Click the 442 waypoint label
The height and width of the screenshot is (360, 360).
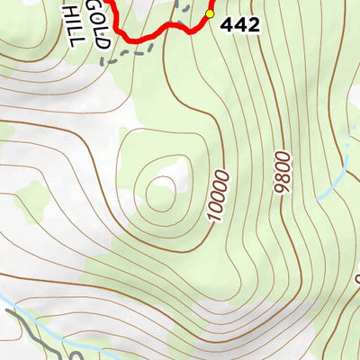point(239,25)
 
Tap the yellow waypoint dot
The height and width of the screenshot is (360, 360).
point(210,14)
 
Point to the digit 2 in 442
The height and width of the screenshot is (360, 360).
point(253,25)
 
